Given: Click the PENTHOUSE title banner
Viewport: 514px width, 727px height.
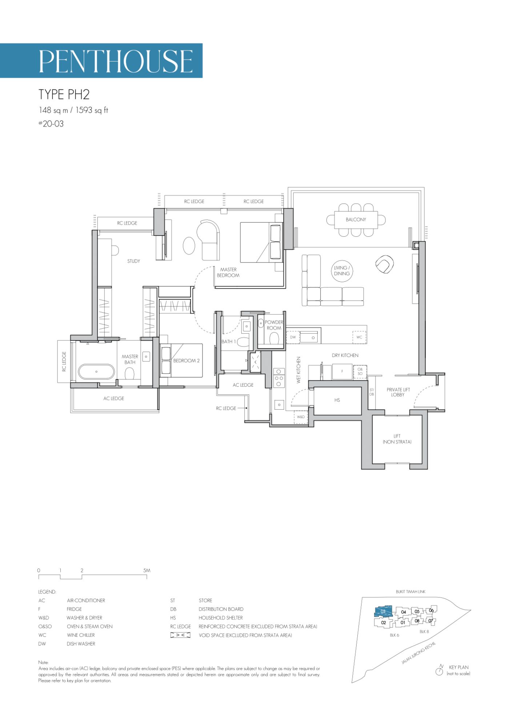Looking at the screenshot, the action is click(x=101, y=60).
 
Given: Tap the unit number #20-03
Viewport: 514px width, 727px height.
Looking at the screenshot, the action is click(x=51, y=124).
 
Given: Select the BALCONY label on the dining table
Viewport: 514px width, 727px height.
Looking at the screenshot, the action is click(x=356, y=220).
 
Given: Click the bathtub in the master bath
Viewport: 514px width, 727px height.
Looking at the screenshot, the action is click(x=96, y=371).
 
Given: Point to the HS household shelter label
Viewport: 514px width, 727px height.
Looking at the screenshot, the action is click(x=337, y=400).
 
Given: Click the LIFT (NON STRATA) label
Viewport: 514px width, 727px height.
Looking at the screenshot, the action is click(x=397, y=439).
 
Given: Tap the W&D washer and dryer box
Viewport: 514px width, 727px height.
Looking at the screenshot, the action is click(x=301, y=417).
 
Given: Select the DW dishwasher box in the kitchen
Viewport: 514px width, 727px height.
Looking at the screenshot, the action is click(x=293, y=337).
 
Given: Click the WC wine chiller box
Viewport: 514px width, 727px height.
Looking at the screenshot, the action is click(x=359, y=337).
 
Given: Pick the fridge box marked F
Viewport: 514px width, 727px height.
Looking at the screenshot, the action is click(x=342, y=371).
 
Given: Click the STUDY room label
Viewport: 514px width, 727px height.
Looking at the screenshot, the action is click(x=133, y=261).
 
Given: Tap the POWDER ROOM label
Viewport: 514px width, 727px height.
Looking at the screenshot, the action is click(x=274, y=325).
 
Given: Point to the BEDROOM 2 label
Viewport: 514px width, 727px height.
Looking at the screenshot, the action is click(x=186, y=361).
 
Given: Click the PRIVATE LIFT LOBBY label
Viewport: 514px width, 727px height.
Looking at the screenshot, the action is click(x=398, y=392).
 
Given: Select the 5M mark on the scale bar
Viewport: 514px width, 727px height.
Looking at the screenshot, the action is click(x=146, y=570).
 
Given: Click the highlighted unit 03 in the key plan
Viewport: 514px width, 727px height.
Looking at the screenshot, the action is click(x=383, y=611).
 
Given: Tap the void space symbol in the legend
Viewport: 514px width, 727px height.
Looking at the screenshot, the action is click(x=180, y=635).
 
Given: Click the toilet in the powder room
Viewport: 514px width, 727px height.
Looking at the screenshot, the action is click(x=274, y=338).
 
